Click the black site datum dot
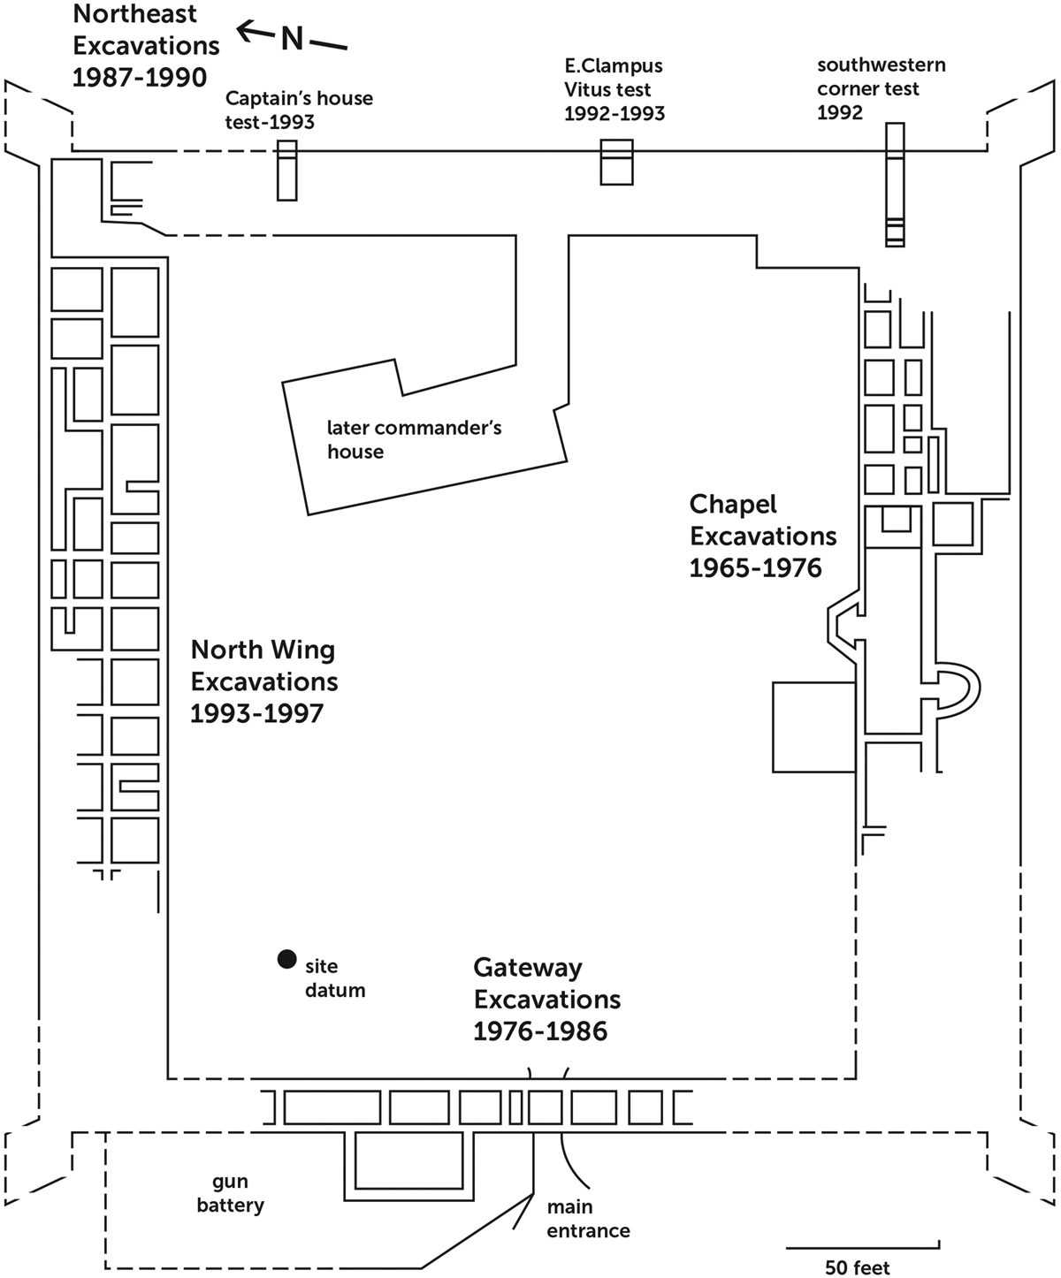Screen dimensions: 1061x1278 [286, 959]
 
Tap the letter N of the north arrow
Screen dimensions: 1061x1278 [292, 39]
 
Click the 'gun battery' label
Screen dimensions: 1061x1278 [230, 1194]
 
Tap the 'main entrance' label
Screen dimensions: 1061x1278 [588, 1219]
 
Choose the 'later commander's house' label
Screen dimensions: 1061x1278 [414, 439]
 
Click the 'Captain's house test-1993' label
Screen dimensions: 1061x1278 [299, 110]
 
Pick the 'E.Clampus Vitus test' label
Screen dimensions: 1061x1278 [614, 78]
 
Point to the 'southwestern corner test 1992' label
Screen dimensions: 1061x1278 [881, 88]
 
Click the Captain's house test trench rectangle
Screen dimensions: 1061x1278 [287, 171]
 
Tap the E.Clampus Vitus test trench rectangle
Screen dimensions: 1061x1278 [616, 162]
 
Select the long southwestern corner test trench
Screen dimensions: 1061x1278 [895, 184]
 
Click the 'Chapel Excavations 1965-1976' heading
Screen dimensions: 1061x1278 [763, 536]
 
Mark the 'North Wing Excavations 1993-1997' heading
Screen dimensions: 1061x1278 [263, 681]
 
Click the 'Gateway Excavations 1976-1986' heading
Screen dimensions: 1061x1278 [546, 999]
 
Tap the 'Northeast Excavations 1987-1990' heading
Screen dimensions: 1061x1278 [146, 45]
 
